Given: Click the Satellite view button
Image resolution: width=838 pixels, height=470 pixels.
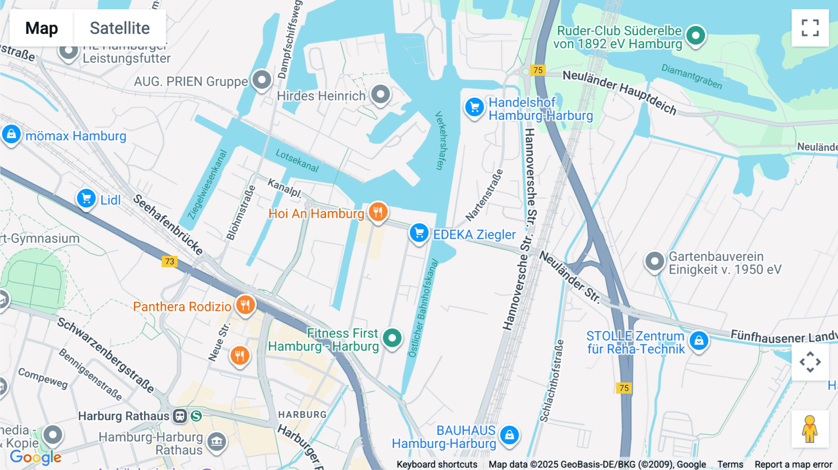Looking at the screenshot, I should (x=120, y=28).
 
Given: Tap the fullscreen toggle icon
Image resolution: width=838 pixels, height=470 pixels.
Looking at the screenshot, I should (x=810, y=28).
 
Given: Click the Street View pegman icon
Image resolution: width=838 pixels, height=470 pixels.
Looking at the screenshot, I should (x=810, y=429).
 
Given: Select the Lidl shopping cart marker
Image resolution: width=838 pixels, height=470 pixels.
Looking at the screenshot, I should (x=86, y=199).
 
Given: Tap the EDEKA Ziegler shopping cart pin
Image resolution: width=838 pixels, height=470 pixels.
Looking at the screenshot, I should (x=419, y=233).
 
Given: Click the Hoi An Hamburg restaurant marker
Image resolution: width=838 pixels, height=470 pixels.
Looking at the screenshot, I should (x=378, y=212).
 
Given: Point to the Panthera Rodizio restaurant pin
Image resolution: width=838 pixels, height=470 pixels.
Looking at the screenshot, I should (x=245, y=305).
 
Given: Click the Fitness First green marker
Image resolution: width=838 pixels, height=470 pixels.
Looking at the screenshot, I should (x=392, y=338).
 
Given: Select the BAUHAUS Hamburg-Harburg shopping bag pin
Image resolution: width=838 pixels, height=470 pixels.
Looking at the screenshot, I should (x=509, y=435).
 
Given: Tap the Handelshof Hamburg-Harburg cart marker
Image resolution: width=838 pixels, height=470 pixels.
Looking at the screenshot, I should (x=474, y=107).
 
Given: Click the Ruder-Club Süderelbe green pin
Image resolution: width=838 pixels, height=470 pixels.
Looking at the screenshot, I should (x=696, y=35).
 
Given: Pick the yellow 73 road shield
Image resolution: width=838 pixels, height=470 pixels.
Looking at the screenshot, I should (x=169, y=261).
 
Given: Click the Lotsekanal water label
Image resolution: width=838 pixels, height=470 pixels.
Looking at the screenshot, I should (x=297, y=161).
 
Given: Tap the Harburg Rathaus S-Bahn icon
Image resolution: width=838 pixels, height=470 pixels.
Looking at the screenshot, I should (x=196, y=416).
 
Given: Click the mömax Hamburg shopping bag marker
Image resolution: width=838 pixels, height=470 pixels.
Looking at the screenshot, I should (x=11, y=134).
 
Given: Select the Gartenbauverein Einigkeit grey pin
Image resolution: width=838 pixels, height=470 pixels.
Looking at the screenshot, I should (x=654, y=262).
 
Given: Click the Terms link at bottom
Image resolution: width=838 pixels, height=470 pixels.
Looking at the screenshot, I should (x=730, y=464).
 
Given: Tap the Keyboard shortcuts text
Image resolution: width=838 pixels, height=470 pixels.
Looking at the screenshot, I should (x=437, y=464).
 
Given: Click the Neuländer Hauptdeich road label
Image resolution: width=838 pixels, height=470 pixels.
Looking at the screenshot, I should (x=619, y=92).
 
